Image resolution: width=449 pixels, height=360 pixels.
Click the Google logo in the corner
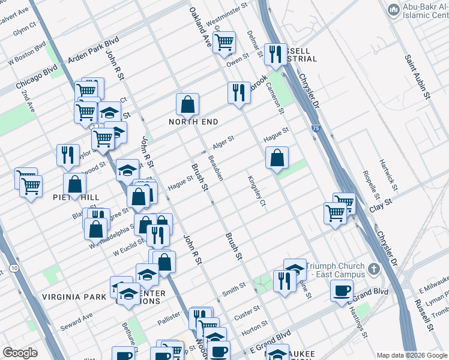click(x=20, y=353)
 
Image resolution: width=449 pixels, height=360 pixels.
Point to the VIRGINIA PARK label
click(x=70, y=297)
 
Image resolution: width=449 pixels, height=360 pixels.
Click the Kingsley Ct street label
click(x=255, y=191)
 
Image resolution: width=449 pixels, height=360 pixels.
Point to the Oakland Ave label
click(x=200, y=29)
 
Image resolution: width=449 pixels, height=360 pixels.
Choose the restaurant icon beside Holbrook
click(x=239, y=93)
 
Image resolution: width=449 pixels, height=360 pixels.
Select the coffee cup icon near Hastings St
click(x=342, y=290)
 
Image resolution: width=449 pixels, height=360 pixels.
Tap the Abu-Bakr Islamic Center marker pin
click(x=394, y=9)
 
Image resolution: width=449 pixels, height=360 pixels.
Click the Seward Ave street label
click(x=80, y=316)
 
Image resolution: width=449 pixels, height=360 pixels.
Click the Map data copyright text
click(x=411, y=355)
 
